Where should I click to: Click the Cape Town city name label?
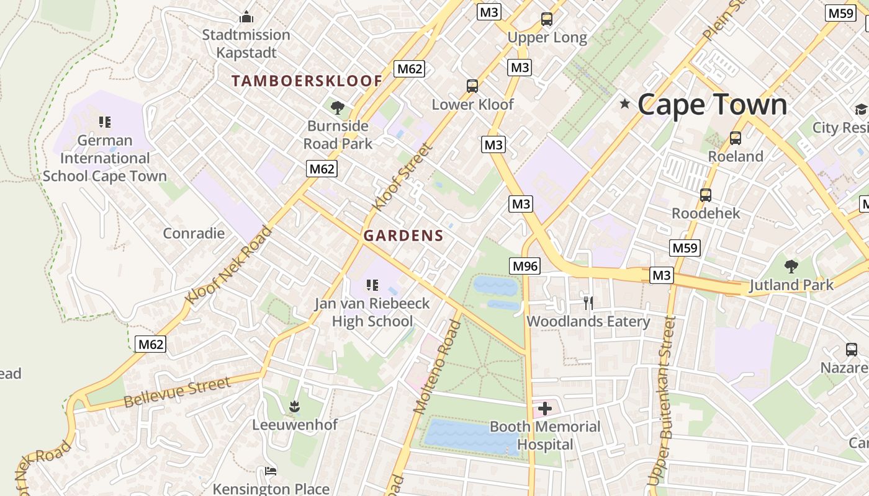coord(712,104)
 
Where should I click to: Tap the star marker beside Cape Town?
coord(624,104)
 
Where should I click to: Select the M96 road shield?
coord(525,266)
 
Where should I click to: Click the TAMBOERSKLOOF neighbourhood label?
coord(307,81)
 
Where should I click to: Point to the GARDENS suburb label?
coord(403,236)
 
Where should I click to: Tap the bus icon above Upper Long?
coord(546,19)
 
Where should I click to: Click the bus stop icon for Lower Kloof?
coord(472,86)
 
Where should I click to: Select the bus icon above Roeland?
coord(736,138)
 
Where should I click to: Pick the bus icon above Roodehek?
coord(706,195)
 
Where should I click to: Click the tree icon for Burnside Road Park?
coord(338,108)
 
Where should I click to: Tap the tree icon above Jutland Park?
coord(791,267)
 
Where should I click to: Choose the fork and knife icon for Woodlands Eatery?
coord(588,303)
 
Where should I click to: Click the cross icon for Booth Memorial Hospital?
coord(545,409)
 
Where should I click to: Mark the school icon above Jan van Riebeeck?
coord(372,285)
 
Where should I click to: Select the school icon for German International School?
coord(105,122)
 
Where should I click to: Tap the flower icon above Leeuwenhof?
coord(294,407)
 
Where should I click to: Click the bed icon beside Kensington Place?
coord(271,471)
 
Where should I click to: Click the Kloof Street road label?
coord(402,177)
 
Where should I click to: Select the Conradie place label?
coord(194,233)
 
